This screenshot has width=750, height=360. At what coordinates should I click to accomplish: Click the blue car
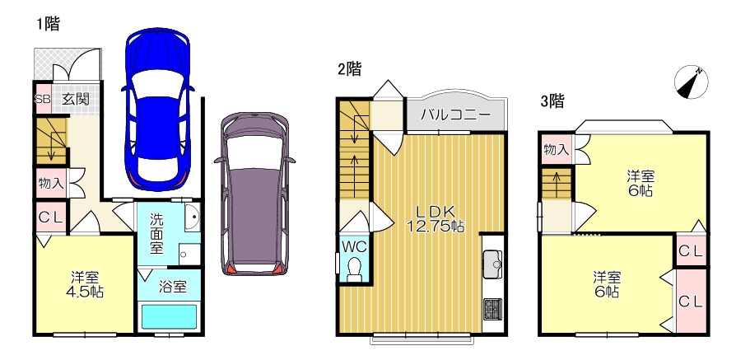158,110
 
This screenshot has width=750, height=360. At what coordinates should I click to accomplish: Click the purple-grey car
254,194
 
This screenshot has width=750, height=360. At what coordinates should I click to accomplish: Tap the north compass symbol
692,82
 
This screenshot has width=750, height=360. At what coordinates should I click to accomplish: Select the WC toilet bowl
355,270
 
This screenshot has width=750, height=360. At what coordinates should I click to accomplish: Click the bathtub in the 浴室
170,316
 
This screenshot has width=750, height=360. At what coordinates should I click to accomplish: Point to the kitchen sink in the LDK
494,264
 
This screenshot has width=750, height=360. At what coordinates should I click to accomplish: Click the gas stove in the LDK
493,309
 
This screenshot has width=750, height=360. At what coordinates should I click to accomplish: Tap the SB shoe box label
43,99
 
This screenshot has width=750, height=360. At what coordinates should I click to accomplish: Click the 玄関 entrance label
76,99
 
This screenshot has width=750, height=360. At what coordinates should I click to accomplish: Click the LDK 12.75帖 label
435,219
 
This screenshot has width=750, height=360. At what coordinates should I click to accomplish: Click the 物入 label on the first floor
52,182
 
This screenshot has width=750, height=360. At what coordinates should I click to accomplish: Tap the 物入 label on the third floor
557,150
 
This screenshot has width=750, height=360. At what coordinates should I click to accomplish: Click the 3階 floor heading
552,101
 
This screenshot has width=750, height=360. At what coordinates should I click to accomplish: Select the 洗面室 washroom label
156,235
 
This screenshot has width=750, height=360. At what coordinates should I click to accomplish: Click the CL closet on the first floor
51,217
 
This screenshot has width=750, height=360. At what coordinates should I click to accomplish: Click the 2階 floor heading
349,69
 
